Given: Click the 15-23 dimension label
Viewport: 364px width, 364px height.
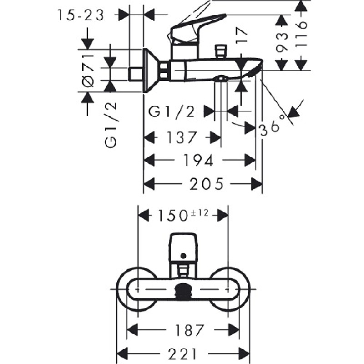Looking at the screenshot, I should (x=81, y=15).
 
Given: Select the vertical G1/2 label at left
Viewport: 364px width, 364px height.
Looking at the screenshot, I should (x=111, y=125).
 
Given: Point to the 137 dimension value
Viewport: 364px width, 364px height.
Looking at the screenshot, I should (x=181, y=137).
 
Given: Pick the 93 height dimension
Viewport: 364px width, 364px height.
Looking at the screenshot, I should (x=283, y=42).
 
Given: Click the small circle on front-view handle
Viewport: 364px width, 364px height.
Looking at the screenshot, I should (x=183, y=256).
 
